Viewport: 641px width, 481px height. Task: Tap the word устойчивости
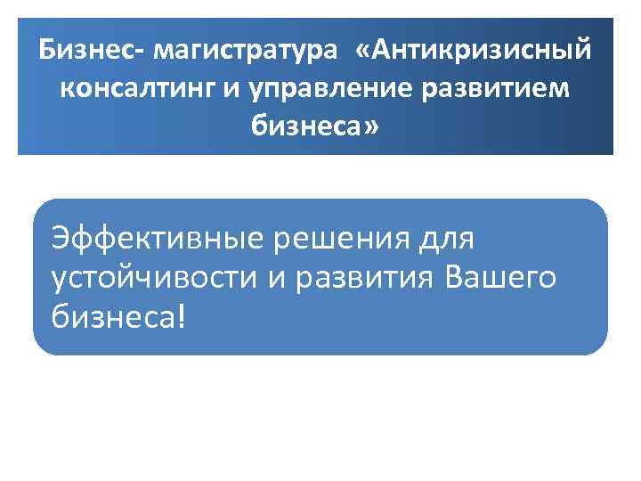(x=156, y=278)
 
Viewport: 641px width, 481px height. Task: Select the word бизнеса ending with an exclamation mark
(x=111, y=316)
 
